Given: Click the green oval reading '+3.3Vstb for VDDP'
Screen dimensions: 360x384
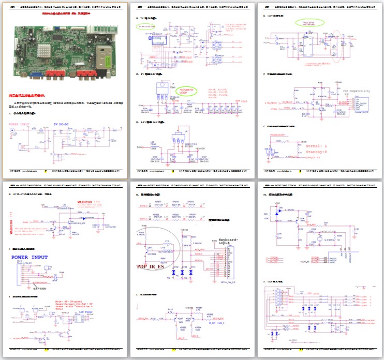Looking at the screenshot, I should pos(186,91).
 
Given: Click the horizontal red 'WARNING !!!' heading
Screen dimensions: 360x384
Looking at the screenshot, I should pos(90,202).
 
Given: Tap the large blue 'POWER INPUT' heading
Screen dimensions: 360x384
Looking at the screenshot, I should pos(29,258).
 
